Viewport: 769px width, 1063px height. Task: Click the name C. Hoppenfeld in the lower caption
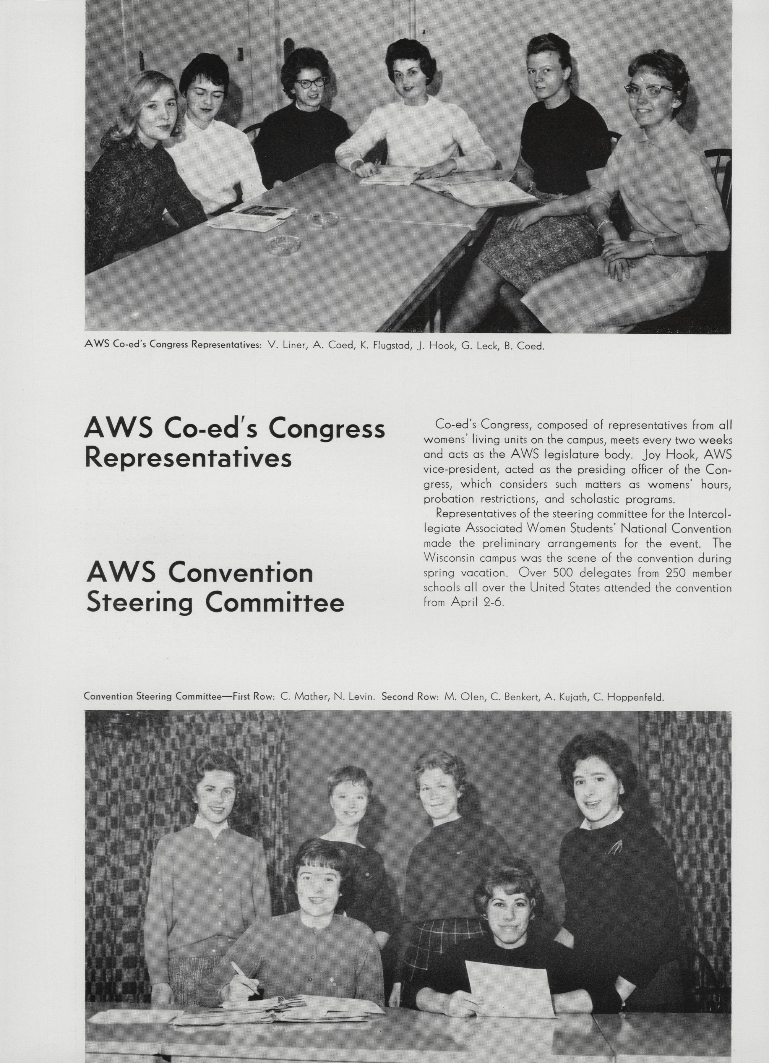pyautogui.click(x=628, y=697)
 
